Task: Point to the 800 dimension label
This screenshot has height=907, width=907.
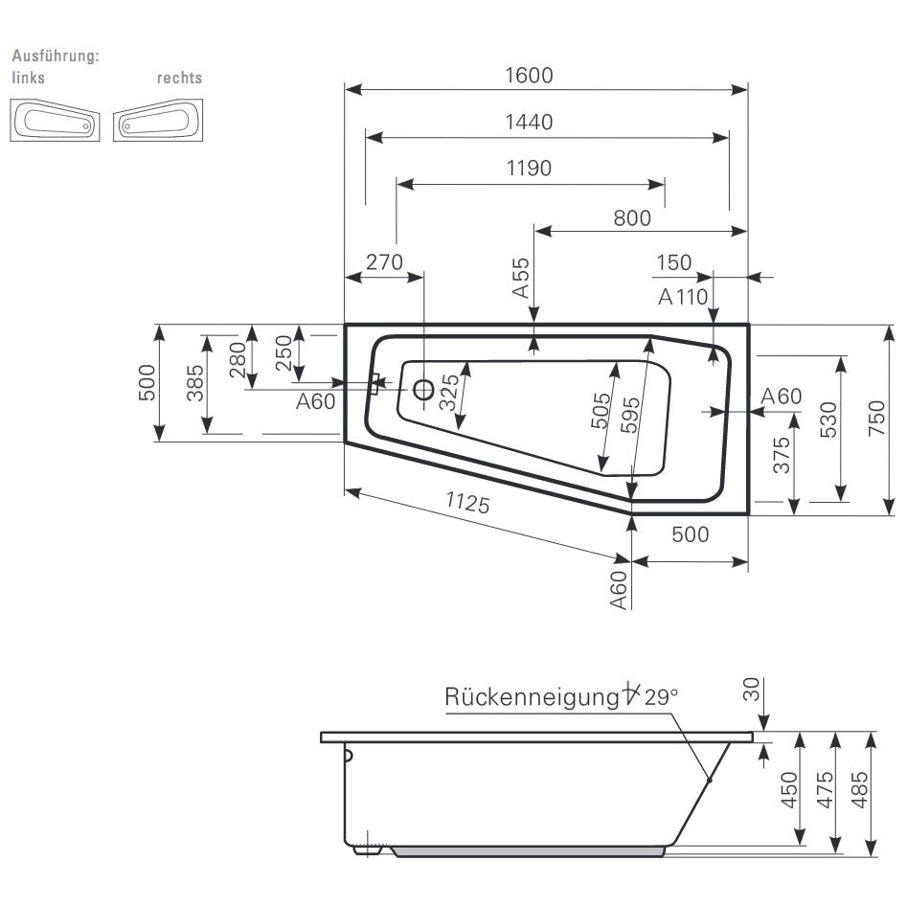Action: point(632,217)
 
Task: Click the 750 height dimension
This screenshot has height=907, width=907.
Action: point(877,419)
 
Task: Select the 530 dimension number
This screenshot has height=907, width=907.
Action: point(828,419)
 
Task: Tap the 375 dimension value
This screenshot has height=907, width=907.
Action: point(782,454)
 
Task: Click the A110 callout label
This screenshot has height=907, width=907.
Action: point(683,297)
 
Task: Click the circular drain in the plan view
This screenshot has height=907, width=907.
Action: point(421,389)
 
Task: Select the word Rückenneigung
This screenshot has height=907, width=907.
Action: point(531,697)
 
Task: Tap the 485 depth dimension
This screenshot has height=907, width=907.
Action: point(861,791)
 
